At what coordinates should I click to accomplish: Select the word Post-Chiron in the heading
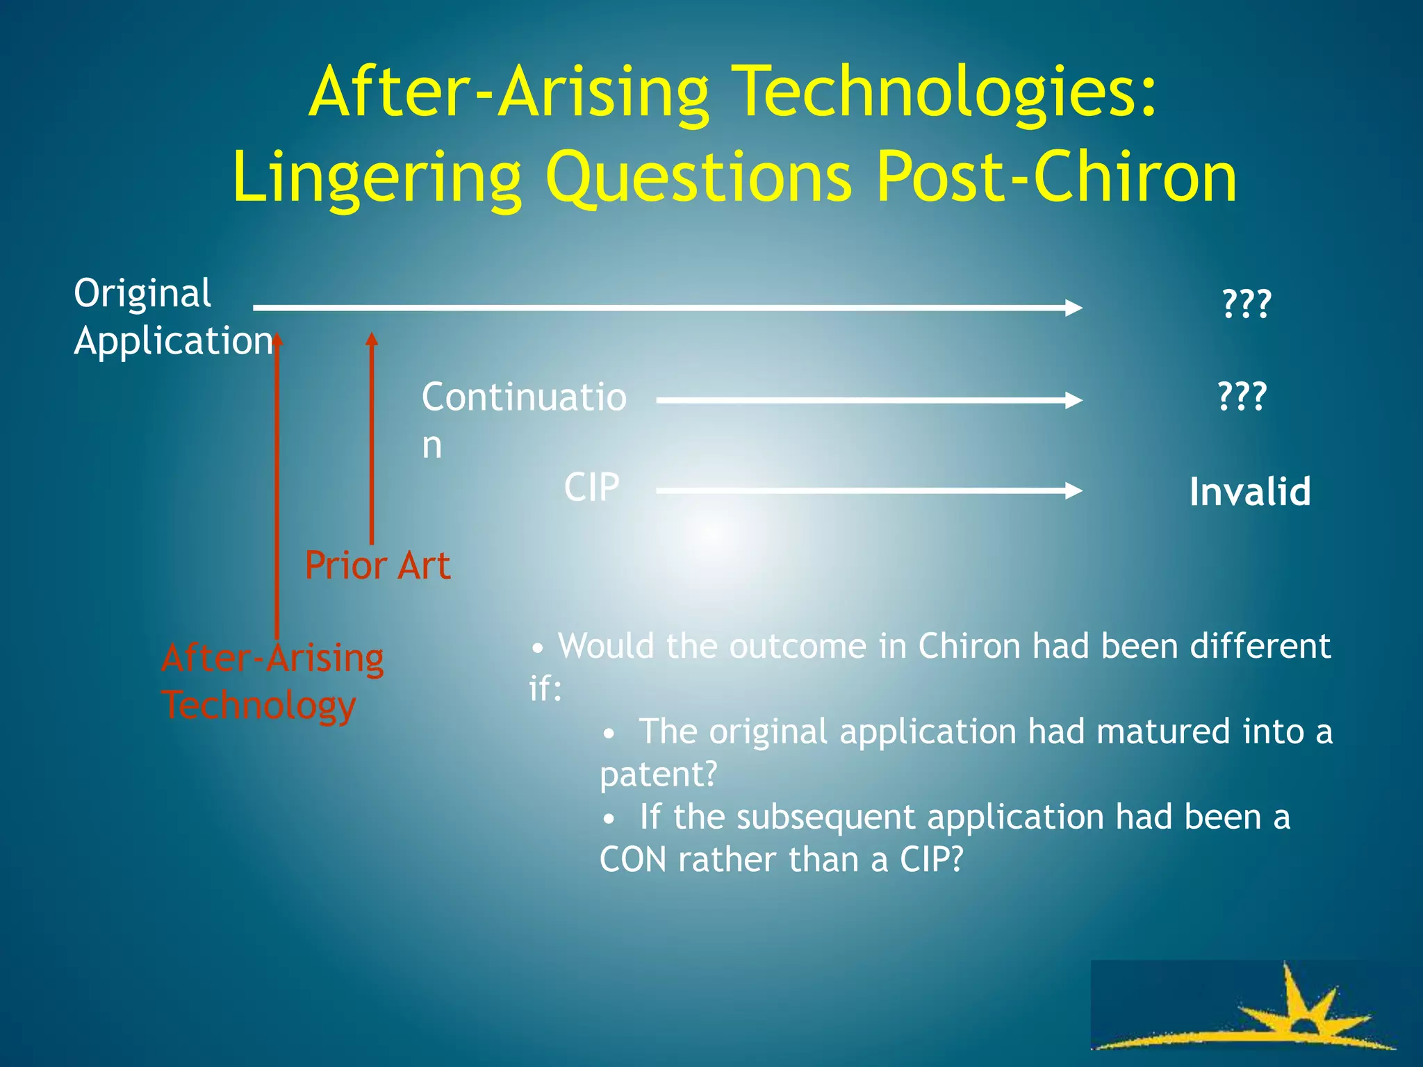1055,179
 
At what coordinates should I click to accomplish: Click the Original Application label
173,317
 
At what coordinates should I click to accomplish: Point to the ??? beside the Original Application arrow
1247,304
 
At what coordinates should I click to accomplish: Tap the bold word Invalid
1249,492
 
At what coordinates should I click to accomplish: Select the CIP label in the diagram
591,488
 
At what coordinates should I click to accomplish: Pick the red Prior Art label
377,565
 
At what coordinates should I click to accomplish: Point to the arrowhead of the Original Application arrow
1074,307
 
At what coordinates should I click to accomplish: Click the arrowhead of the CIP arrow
1074,490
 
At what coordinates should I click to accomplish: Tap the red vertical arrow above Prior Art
372,438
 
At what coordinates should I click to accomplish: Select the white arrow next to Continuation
869,400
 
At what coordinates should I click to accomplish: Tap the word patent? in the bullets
657,774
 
